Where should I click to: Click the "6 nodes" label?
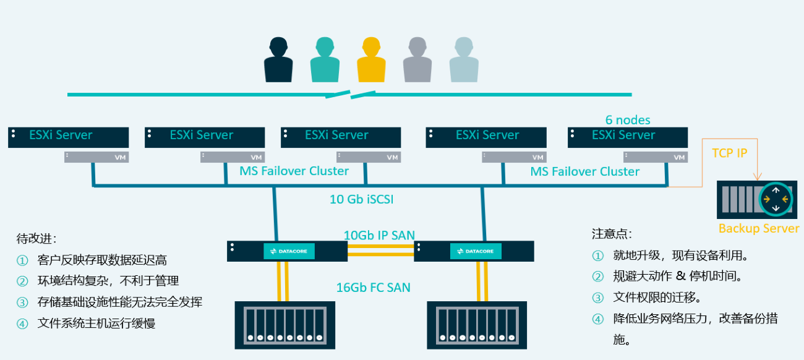pyautogui.click(x=628, y=120)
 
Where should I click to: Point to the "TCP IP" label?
pyautogui.click(x=730, y=153)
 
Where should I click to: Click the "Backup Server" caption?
pyautogui.click(x=759, y=229)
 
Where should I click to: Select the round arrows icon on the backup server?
pyautogui.click(x=776, y=199)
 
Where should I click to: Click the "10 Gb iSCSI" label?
pyautogui.click(x=362, y=199)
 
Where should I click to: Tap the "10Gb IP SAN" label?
pyautogui.click(x=379, y=235)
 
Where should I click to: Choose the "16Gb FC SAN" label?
pyautogui.click(x=373, y=287)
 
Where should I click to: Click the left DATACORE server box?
pyautogui.click(x=287, y=251)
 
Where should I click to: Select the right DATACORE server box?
pyautogui.click(x=474, y=251)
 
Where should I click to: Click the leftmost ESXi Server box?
pyautogui.click(x=68, y=137)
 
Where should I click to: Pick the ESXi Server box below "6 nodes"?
pyautogui.click(x=628, y=137)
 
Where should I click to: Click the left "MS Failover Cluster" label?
pyautogui.click(x=294, y=171)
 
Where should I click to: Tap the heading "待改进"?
pyautogui.click(x=36, y=238)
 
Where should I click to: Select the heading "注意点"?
pyautogui.click(x=612, y=234)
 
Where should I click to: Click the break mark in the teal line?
pyautogui.click(x=351, y=95)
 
